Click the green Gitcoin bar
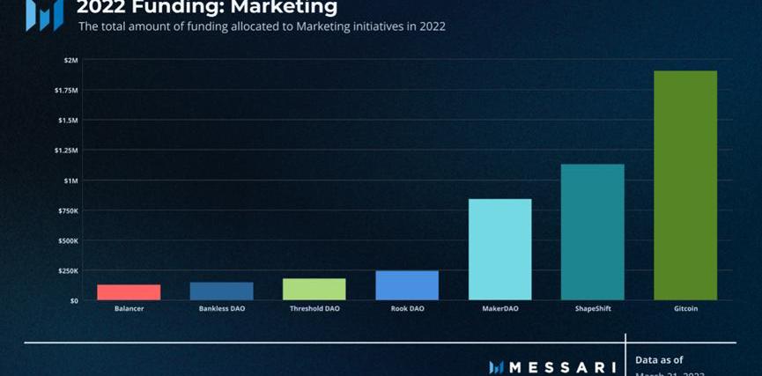tap(684, 185)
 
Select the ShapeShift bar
tap(592, 232)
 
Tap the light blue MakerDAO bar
tap(499, 249)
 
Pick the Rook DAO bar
tap(407, 285)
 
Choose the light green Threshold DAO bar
tap(314, 289)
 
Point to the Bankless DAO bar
tap(222, 291)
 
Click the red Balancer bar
tap(129, 292)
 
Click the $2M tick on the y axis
tap(70, 60)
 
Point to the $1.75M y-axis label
tap(66, 90)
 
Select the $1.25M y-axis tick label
tap(66, 151)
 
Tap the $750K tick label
tap(67, 210)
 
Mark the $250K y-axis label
tap(67, 270)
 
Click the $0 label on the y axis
tap(74, 300)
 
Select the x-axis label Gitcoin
tap(684, 309)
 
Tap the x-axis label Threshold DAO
tap(314, 309)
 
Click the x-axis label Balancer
tap(129, 309)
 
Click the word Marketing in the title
tap(281, 7)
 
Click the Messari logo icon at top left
tap(43, 13)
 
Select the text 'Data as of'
tap(659, 359)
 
